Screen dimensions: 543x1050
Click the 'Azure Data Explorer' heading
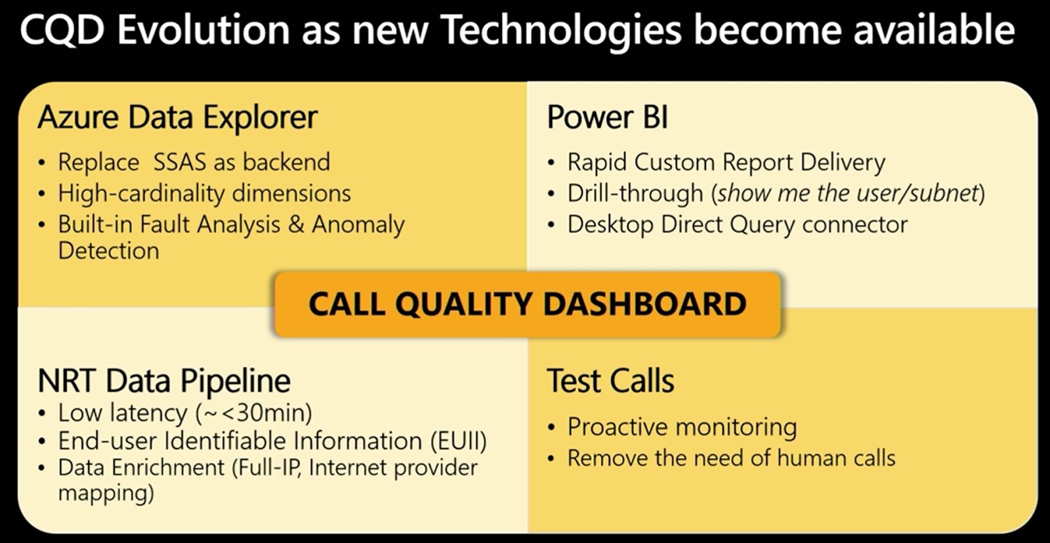click(x=177, y=118)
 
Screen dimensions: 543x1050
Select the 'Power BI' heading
click(x=607, y=118)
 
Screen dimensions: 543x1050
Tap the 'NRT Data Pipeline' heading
click(x=164, y=381)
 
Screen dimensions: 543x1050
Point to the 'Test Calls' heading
click(x=610, y=381)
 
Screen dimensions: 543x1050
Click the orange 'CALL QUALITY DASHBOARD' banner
click(x=527, y=304)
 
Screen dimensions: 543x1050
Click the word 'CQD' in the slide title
click(x=62, y=30)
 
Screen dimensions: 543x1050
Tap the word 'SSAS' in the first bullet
click(x=178, y=162)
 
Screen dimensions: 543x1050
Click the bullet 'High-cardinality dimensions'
click(x=204, y=193)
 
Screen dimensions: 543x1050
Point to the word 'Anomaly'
click(x=358, y=225)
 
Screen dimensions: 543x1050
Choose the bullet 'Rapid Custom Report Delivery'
click(x=726, y=162)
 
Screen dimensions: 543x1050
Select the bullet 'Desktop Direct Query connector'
click(x=737, y=225)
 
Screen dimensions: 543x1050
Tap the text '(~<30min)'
click(x=253, y=413)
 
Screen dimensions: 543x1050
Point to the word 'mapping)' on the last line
click(x=106, y=493)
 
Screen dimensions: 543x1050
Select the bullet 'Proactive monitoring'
click(x=682, y=427)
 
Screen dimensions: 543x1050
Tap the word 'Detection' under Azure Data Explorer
click(x=108, y=251)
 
